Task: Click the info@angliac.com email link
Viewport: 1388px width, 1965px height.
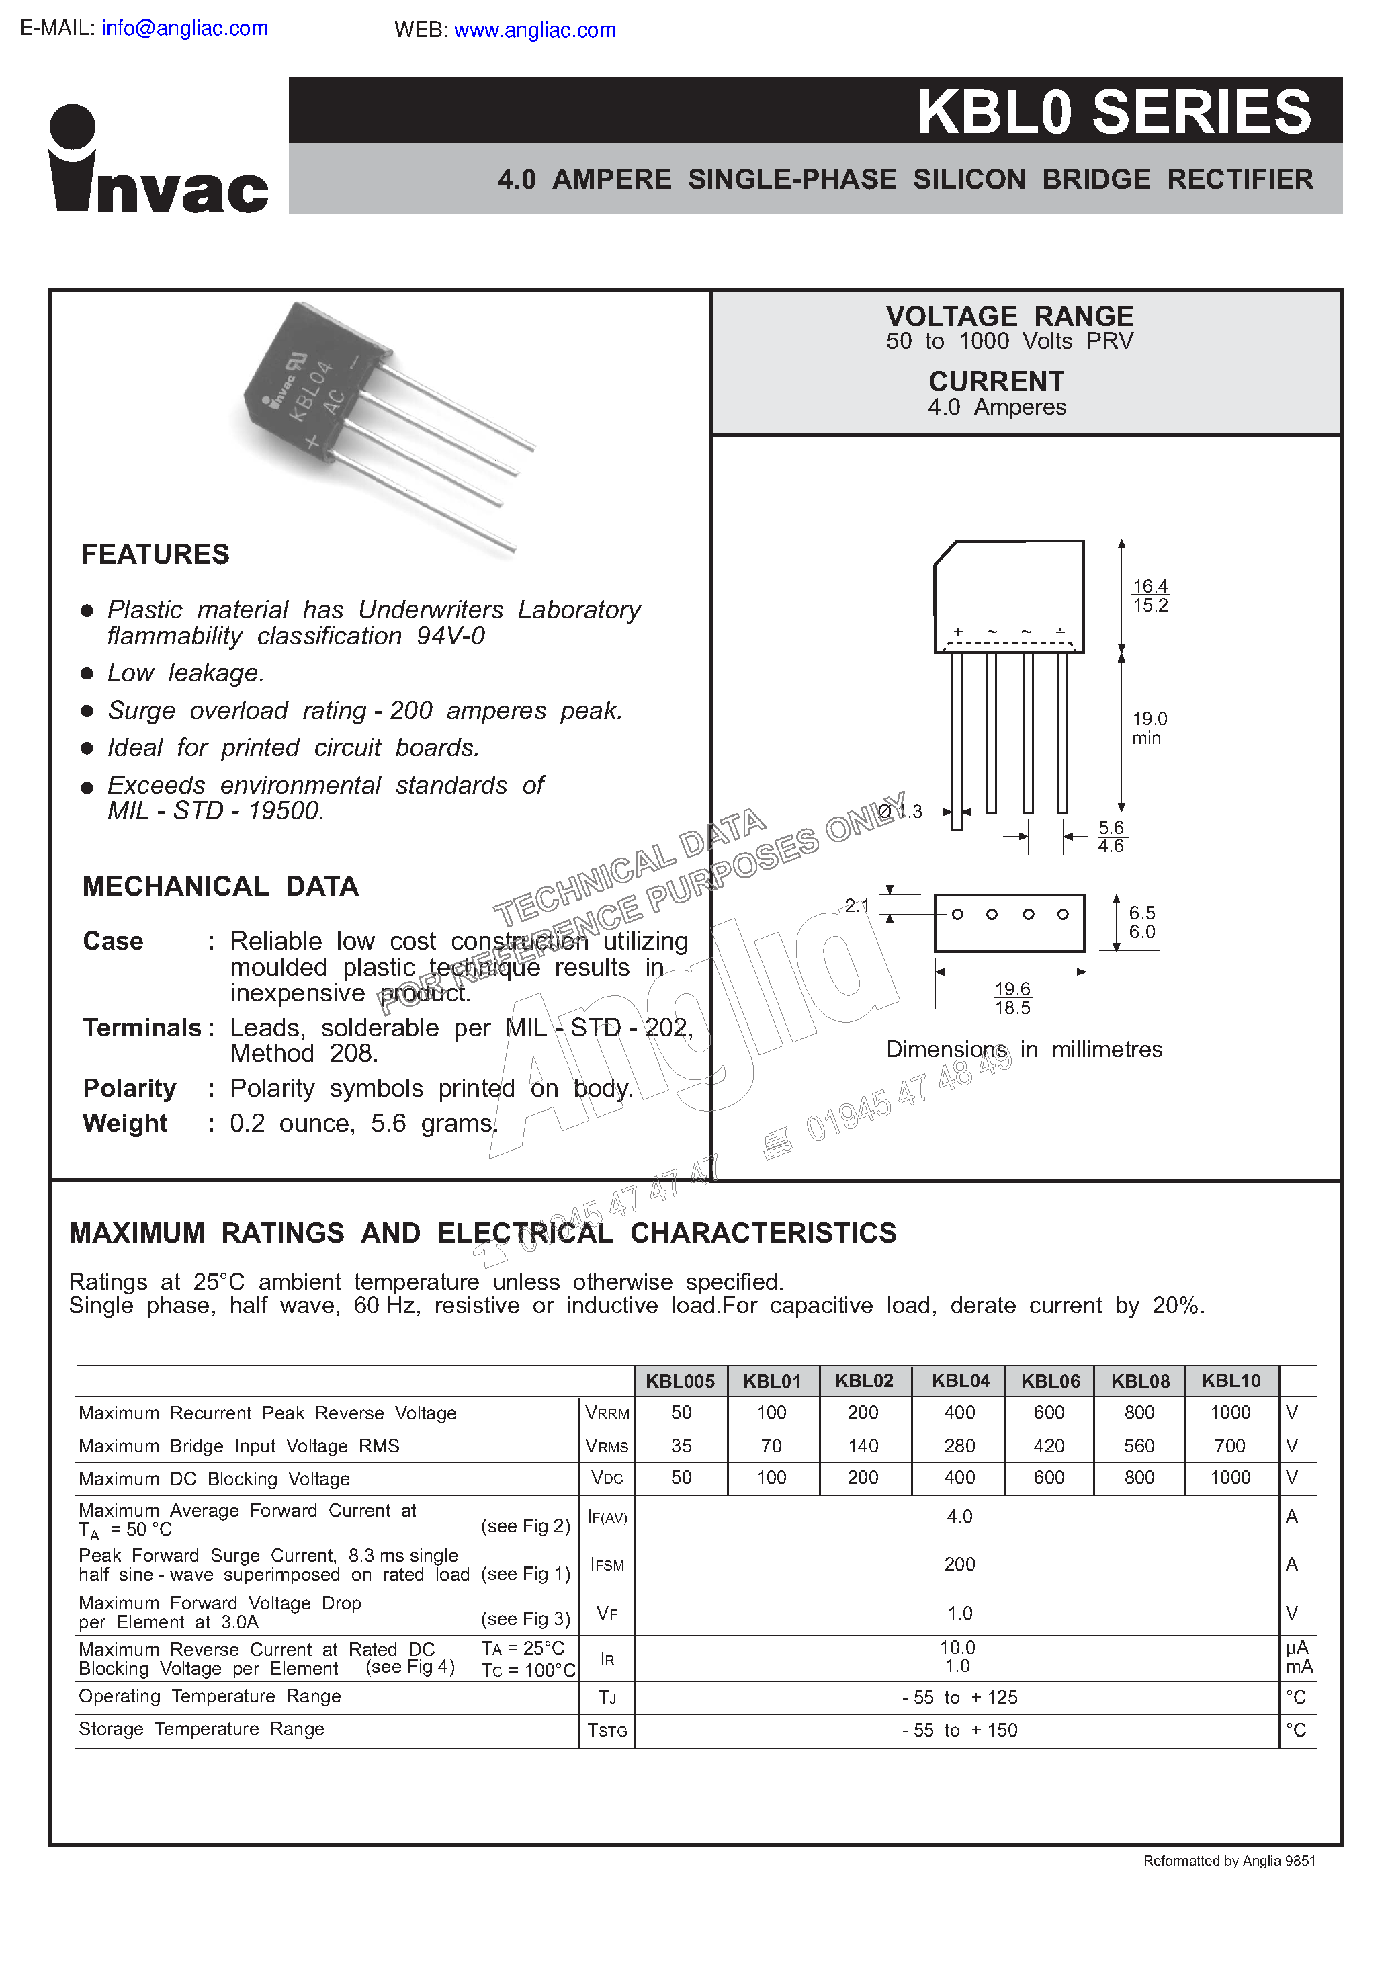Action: pyautogui.click(x=184, y=28)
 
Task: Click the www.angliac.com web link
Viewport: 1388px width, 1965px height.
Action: pyautogui.click(x=534, y=30)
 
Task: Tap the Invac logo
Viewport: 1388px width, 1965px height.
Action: pyautogui.click(x=159, y=160)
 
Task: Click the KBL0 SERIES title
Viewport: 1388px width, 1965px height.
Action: pyautogui.click(x=1113, y=112)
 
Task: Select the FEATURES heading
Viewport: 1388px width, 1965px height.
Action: pyautogui.click(x=155, y=554)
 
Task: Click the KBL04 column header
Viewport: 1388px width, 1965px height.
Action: pyautogui.click(x=960, y=1380)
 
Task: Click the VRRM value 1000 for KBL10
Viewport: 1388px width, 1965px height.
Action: pyautogui.click(x=1229, y=1412)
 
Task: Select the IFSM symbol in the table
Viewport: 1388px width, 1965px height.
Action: pyautogui.click(x=607, y=1564)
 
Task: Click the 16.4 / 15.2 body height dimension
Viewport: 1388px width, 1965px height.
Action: pyautogui.click(x=1150, y=595)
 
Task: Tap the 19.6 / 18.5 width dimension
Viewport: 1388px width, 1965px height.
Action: pyautogui.click(x=1012, y=998)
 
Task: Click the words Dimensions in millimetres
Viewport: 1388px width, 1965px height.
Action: pyautogui.click(x=1023, y=1049)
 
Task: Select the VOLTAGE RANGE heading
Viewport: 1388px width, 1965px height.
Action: pyautogui.click(x=1009, y=316)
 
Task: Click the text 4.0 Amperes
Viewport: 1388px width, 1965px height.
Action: pyautogui.click(x=997, y=407)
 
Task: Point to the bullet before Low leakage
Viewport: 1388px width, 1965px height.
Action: pyautogui.click(x=87, y=673)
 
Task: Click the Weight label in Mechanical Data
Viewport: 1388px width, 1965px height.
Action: pyautogui.click(x=125, y=1123)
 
